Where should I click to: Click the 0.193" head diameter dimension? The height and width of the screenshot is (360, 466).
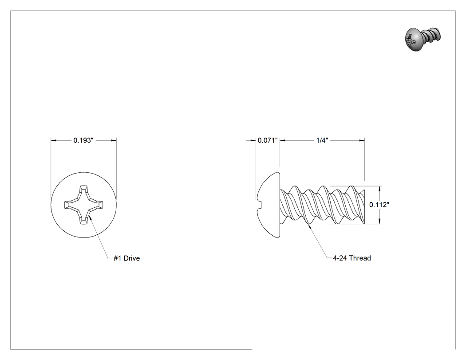[x=83, y=140]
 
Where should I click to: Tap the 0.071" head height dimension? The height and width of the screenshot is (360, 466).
[x=268, y=140]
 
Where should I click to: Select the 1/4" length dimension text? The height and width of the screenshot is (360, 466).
[x=322, y=140]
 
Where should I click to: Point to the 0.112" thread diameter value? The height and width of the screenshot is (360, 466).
[x=379, y=205]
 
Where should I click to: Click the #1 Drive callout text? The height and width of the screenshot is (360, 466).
[x=126, y=258]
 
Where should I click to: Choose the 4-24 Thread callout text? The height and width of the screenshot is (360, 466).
[x=352, y=258]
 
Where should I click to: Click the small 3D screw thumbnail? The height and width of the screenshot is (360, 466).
[x=423, y=39]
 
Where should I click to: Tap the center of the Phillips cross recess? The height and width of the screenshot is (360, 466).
[x=84, y=205]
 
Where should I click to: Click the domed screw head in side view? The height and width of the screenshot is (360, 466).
[x=269, y=205]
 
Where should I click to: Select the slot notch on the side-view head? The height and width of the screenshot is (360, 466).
[x=259, y=205]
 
